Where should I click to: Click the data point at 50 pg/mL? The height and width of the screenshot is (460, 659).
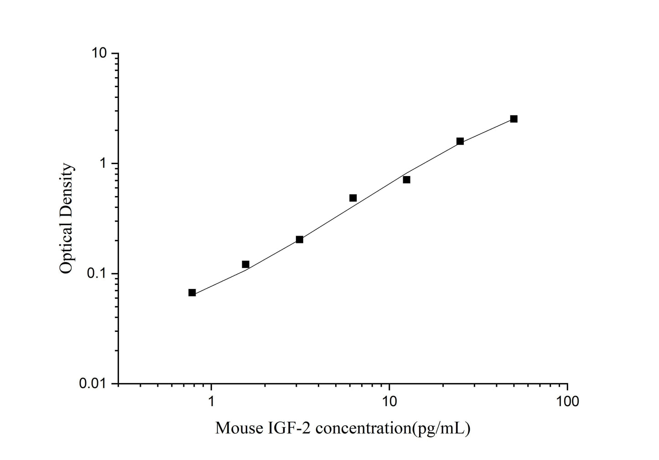click(514, 119)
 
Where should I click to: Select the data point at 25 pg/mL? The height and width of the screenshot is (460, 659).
click(460, 141)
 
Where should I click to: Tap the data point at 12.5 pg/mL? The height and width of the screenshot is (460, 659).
click(406, 180)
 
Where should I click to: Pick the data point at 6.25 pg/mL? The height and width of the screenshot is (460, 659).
click(353, 198)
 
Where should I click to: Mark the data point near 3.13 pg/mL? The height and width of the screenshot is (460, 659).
click(300, 239)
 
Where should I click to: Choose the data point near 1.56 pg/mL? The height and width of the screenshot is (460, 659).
click(246, 264)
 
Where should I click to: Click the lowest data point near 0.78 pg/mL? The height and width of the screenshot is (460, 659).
click(192, 293)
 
